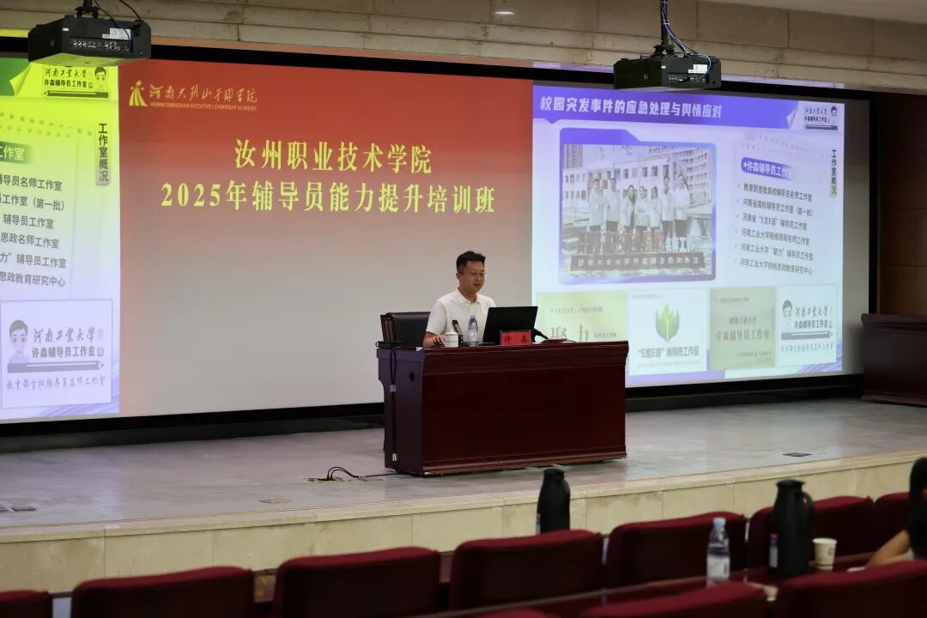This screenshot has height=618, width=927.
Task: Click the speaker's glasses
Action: tap(472, 273)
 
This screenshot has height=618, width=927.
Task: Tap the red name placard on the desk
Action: tap(515, 337)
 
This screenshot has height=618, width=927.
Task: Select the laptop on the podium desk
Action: tap(509, 324)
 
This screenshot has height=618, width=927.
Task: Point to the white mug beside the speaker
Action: tap(451, 339)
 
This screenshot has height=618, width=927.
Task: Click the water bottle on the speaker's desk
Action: tap(473, 330)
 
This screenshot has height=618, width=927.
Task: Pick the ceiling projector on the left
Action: tap(88, 39)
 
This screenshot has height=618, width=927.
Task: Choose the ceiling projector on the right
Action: tap(667, 71)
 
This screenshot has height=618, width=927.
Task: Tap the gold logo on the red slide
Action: tap(137, 94)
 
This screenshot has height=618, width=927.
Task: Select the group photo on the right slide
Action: tap(637, 206)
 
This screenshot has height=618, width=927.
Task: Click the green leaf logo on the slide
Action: tap(667, 324)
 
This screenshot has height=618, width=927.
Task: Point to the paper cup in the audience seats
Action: tap(824, 553)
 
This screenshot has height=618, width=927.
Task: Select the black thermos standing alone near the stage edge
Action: tap(553, 500)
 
